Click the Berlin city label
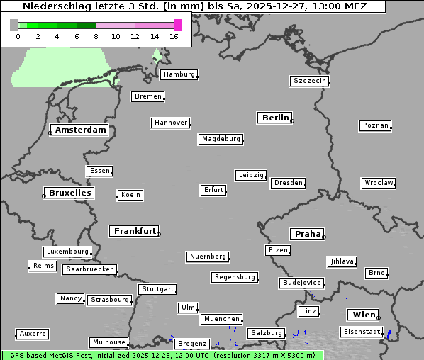coord(275,118)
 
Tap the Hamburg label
coord(179,74)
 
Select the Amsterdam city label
coord(80,130)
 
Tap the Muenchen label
coord(221,320)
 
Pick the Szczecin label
coord(310,81)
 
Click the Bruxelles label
coord(69,193)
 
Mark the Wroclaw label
coord(379,183)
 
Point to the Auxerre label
coord(33,333)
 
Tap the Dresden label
coord(289,183)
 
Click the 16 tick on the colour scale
coord(174,36)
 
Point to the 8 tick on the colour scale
coord(96,36)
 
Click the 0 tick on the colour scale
coord(18,36)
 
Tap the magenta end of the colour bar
coord(177,25)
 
